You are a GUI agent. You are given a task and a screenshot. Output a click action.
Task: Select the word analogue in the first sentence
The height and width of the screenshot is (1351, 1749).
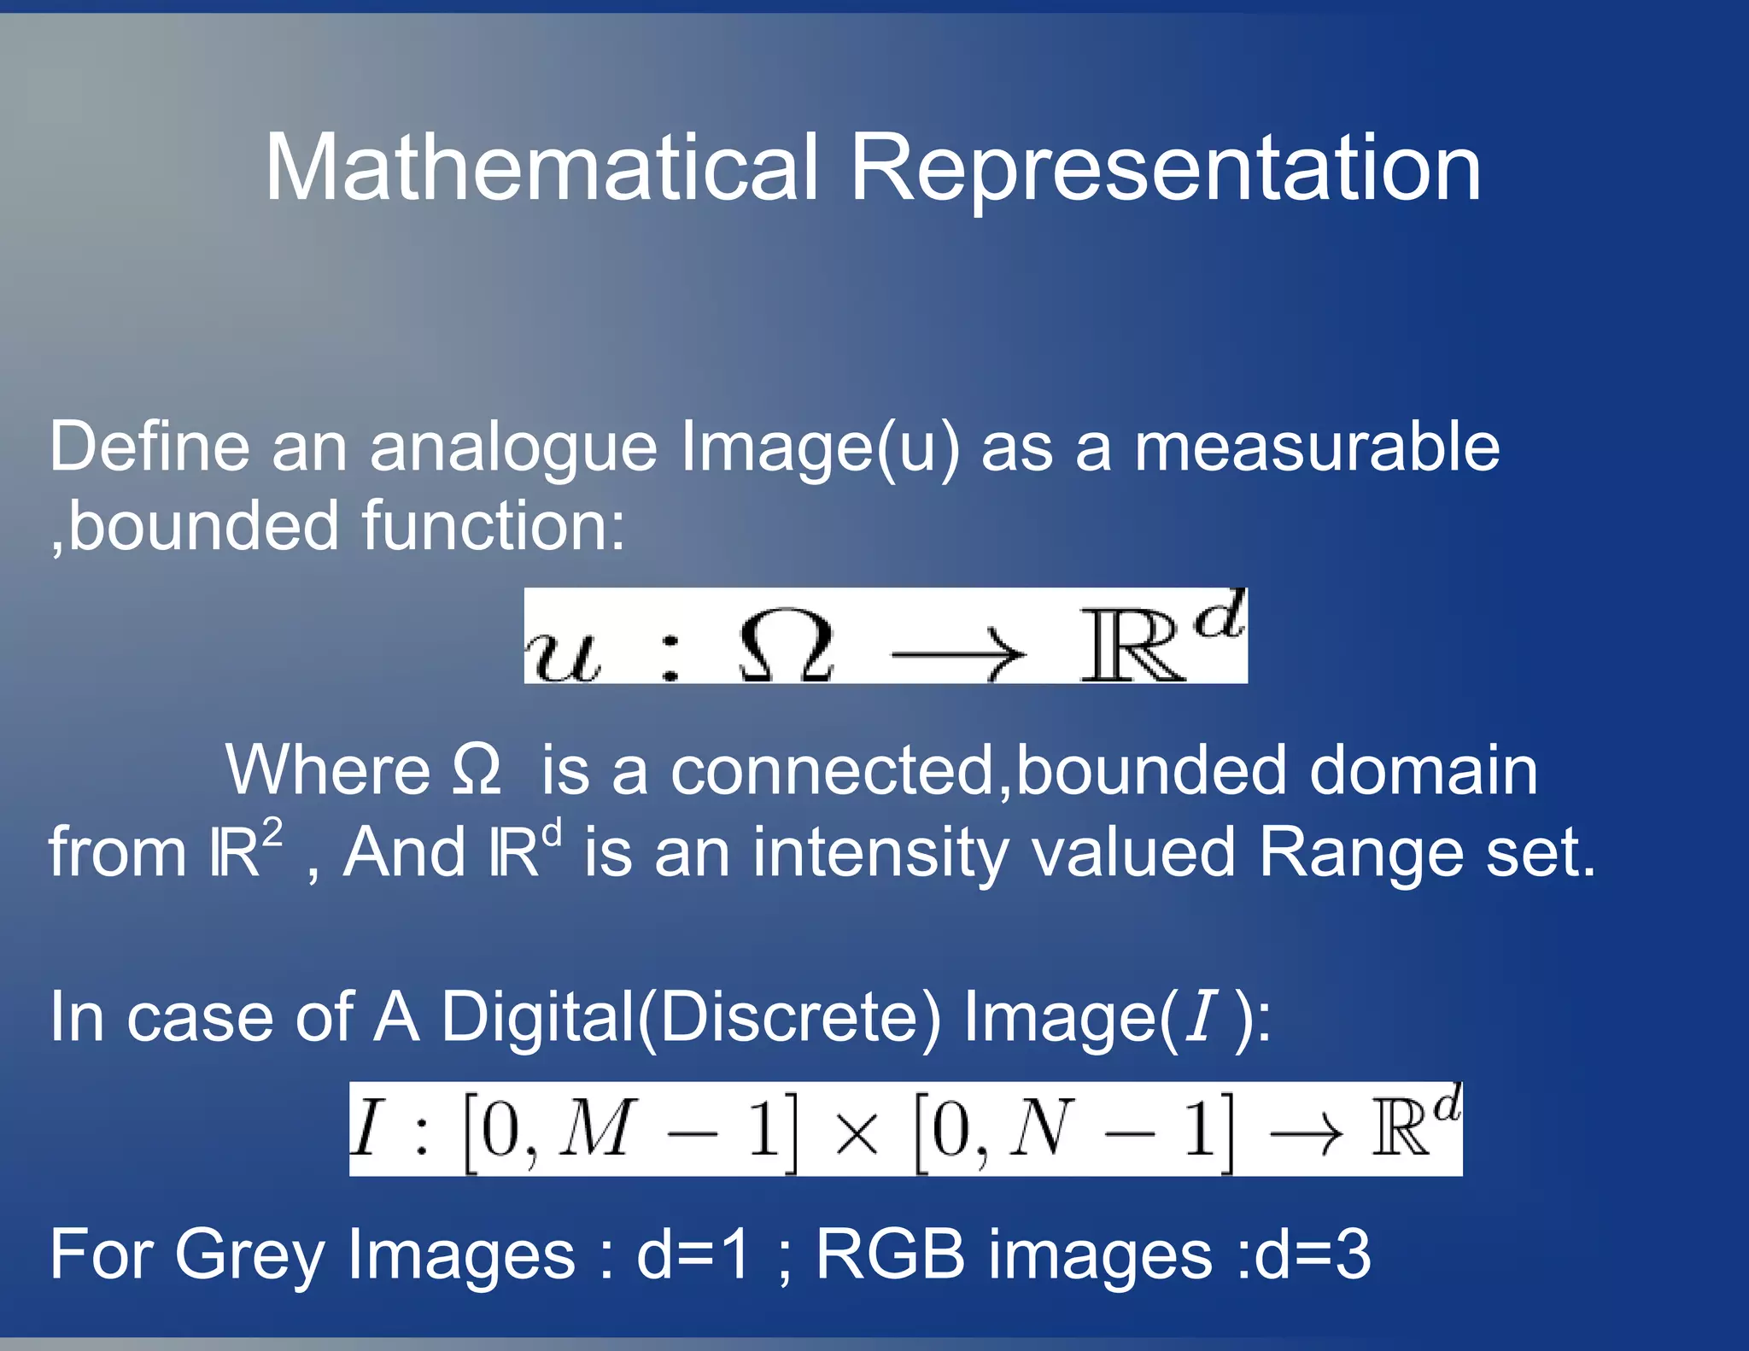[x=513, y=449]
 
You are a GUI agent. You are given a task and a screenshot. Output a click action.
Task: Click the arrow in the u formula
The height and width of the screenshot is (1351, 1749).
[x=957, y=655]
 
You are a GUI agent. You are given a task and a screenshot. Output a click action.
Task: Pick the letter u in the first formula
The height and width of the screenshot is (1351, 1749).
[x=562, y=655]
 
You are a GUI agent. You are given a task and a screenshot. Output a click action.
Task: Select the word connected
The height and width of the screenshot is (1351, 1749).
[x=833, y=770]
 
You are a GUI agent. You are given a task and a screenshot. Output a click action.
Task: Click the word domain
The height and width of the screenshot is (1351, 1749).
[x=1423, y=770]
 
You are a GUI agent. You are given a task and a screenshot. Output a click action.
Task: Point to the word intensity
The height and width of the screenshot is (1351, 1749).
[x=880, y=853]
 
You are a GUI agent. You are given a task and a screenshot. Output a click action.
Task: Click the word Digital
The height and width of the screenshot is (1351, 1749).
[x=538, y=1016]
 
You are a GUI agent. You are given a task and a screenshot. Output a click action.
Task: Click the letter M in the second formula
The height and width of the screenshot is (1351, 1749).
[x=597, y=1127]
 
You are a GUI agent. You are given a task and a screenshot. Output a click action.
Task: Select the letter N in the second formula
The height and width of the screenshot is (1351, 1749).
[x=1041, y=1127]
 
